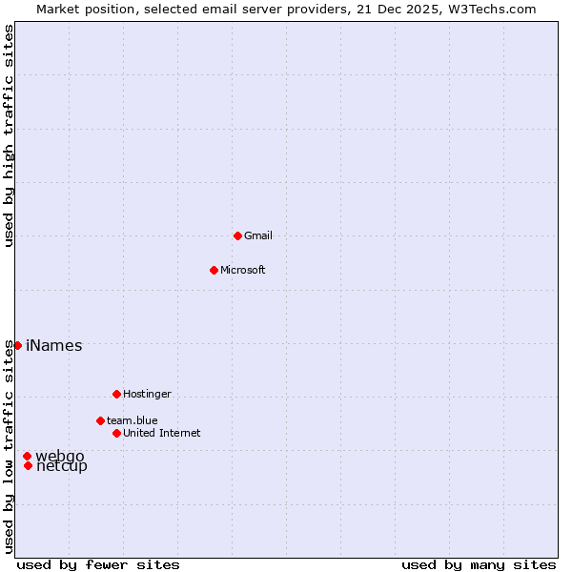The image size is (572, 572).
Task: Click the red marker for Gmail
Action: coord(237,235)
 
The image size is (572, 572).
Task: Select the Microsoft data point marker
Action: coord(214,270)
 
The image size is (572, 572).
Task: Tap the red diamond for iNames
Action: coord(17,345)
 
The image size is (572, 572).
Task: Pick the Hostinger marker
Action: coord(116,394)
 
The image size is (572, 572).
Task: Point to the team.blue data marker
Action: coord(100,420)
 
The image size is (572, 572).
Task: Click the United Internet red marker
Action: coord(116,433)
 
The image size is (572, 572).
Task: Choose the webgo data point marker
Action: coord(27,457)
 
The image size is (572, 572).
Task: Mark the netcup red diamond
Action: coord(29,465)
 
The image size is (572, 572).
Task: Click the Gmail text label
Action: coord(258,235)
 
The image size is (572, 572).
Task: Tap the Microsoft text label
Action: coord(243,270)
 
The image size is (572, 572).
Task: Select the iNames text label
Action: coord(54,346)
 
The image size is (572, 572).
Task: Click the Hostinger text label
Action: coord(147,394)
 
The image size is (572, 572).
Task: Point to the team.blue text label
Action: coord(133,420)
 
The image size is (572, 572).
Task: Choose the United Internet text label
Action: coord(162,433)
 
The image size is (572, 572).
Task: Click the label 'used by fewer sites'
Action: coord(98,564)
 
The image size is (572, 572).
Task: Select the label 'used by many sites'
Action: coord(479,564)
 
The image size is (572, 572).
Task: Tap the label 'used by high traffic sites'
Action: coord(9,135)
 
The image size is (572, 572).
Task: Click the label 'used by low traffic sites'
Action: coord(9,446)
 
